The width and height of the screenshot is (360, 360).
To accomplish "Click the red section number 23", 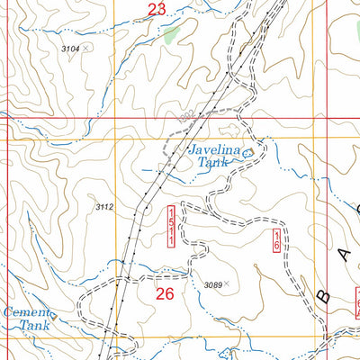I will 157,10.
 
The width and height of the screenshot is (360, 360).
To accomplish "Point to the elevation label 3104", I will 70,49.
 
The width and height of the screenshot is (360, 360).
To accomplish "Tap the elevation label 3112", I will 104,207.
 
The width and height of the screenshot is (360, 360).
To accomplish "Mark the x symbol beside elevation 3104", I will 85,49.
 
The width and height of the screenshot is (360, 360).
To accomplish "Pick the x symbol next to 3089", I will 227,284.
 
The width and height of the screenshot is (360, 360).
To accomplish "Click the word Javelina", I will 214,150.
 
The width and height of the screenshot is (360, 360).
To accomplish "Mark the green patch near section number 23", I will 173,34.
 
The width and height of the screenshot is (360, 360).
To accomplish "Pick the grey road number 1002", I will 186,116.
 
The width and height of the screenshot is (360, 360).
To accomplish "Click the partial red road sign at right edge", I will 355,301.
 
